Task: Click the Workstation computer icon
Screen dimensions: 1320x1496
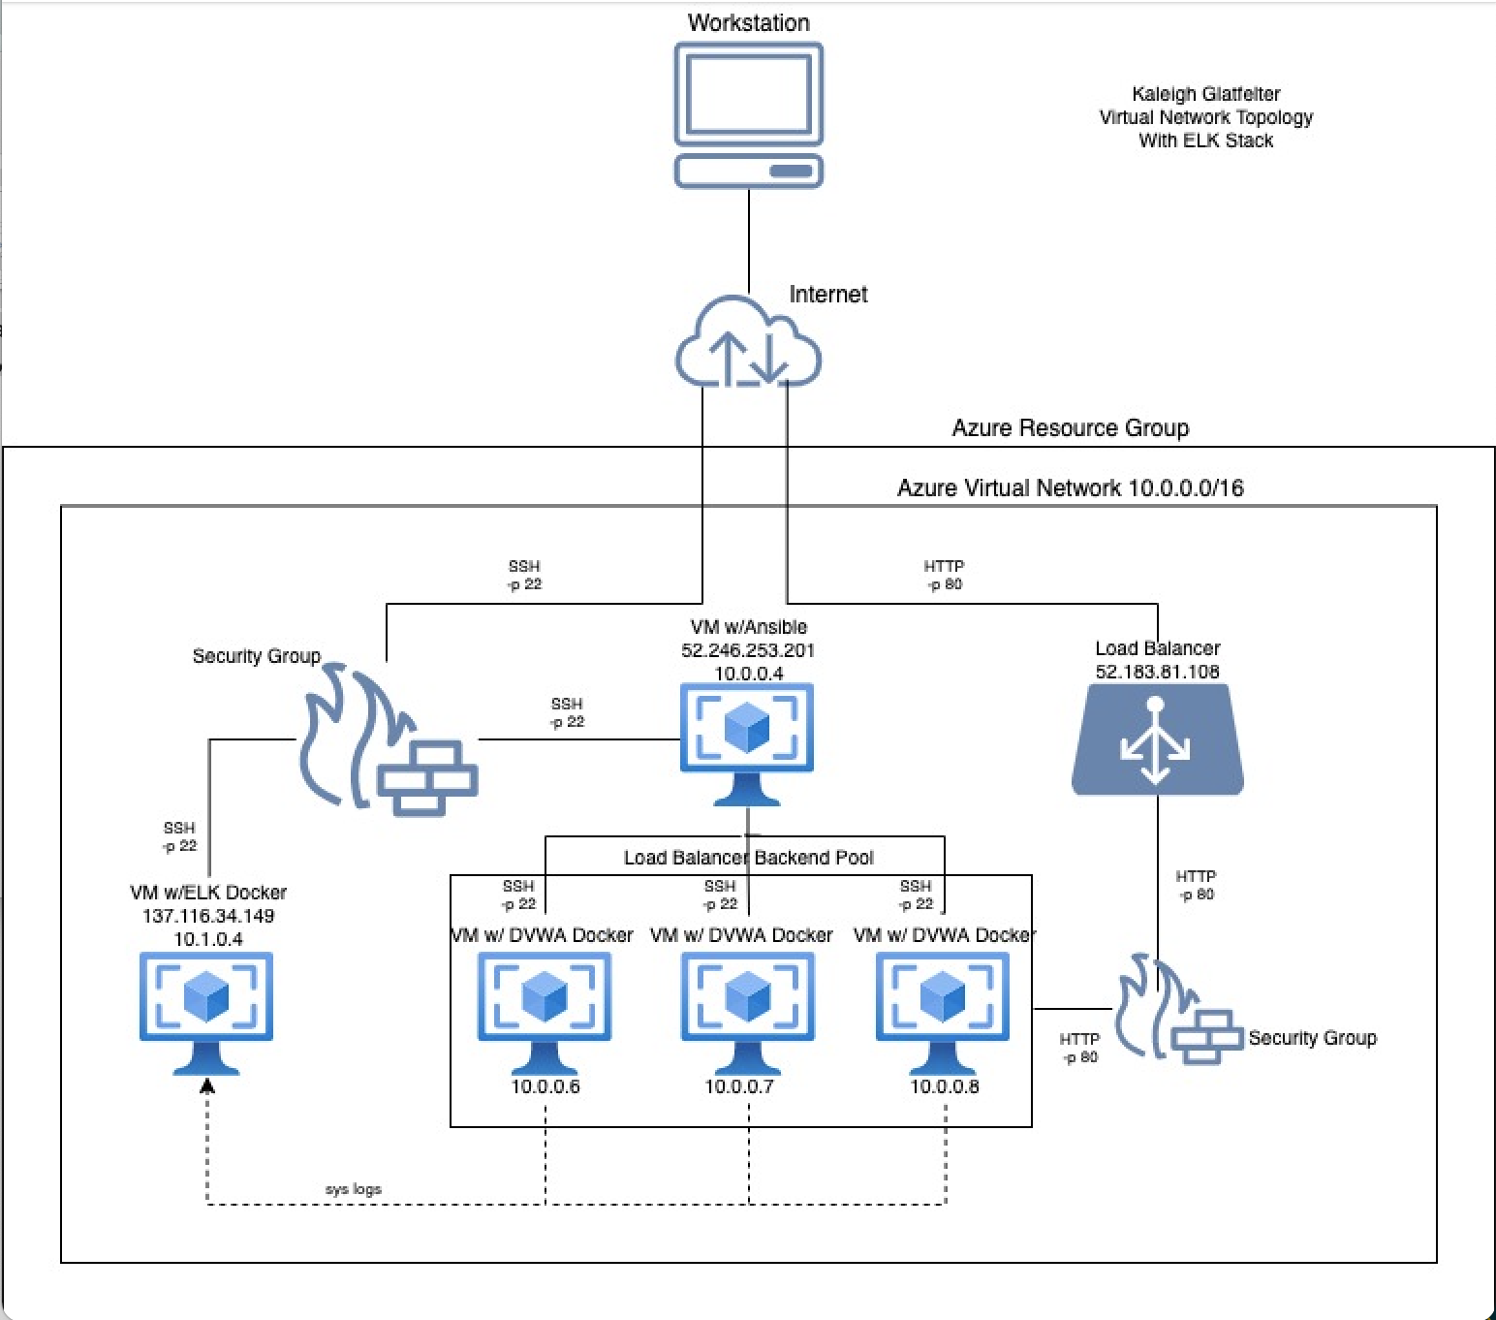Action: click(748, 114)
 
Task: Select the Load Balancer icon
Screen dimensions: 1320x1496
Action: click(1157, 739)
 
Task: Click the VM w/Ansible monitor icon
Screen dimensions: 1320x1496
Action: click(747, 741)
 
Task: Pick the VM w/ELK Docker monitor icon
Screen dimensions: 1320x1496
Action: click(206, 1012)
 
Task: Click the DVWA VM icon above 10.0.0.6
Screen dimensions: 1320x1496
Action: click(545, 1011)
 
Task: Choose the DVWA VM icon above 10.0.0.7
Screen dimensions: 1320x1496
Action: click(748, 1011)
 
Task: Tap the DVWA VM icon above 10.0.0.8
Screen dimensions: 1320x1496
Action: click(943, 1011)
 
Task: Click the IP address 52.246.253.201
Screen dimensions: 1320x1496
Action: click(748, 650)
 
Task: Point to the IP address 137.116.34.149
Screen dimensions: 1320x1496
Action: click(208, 916)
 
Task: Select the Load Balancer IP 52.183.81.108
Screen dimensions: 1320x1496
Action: click(1157, 672)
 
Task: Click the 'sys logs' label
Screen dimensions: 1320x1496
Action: click(354, 1189)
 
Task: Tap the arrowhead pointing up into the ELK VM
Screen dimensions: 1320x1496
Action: click(206, 1086)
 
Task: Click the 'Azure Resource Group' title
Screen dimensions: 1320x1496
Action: click(1070, 428)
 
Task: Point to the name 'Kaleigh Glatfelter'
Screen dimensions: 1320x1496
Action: click(1205, 94)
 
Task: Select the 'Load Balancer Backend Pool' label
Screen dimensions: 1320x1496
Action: click(748, 858)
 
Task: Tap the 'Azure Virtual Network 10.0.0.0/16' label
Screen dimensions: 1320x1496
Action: click(1070, 487)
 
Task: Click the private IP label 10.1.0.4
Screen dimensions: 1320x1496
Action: click(208, 939)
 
